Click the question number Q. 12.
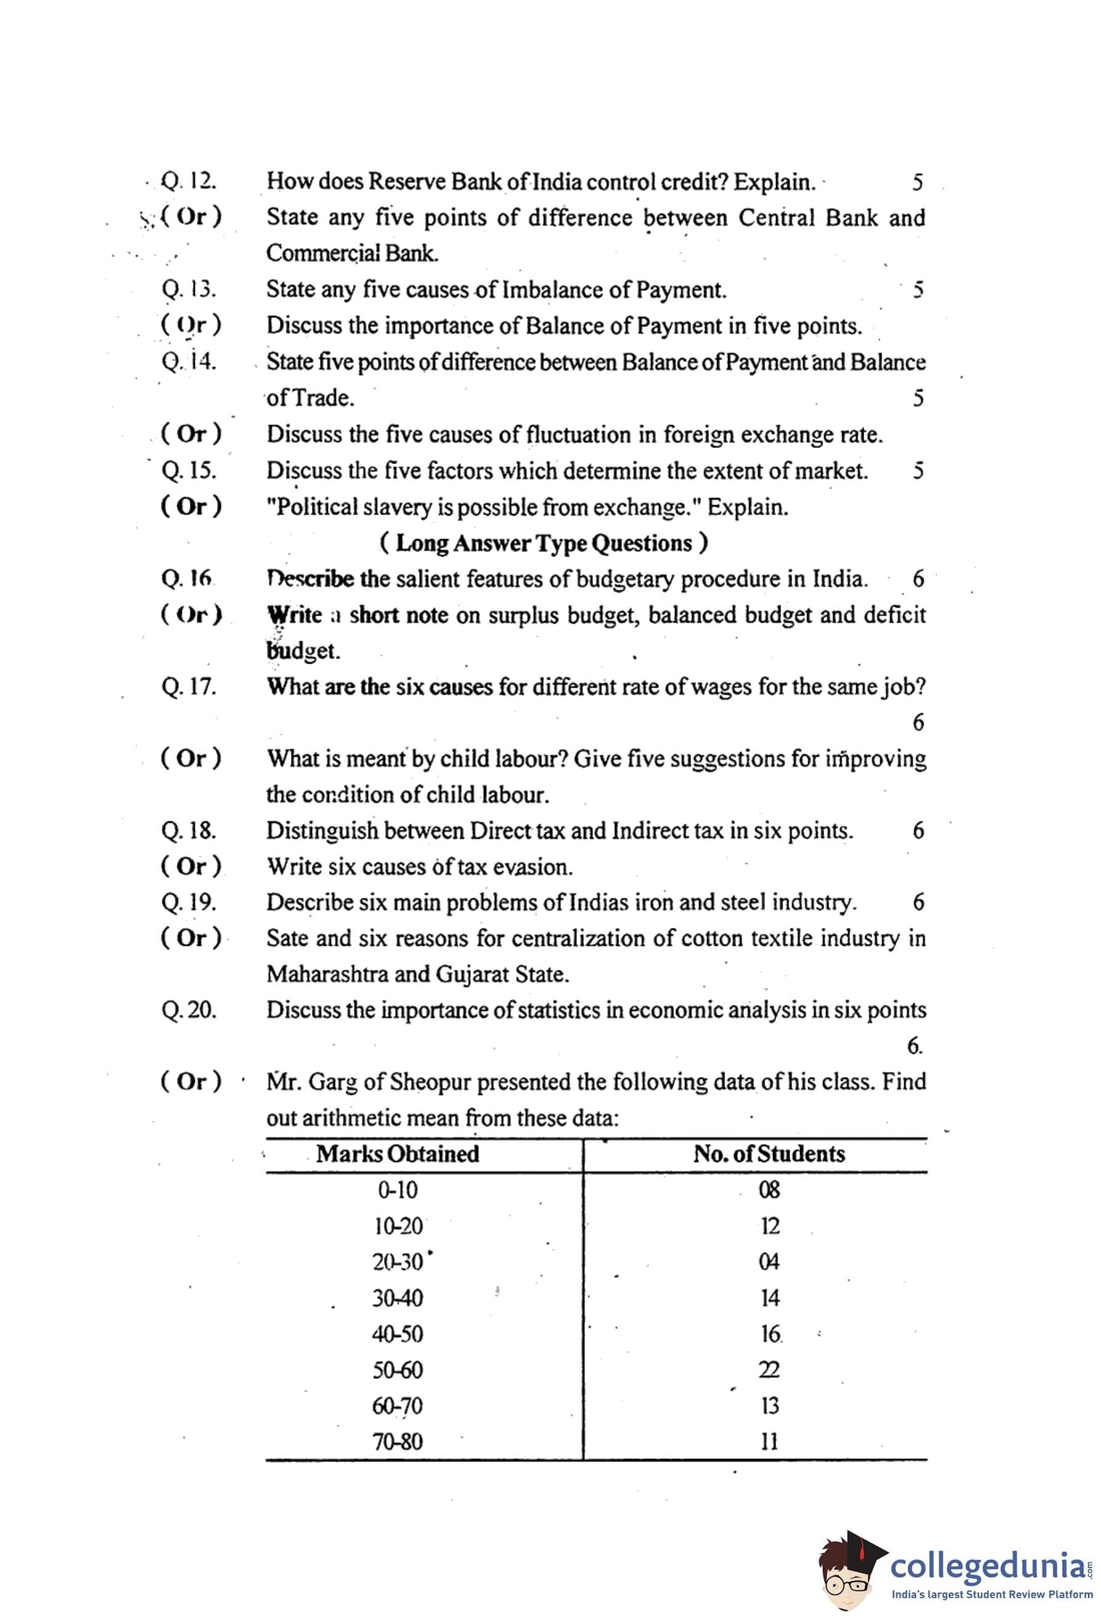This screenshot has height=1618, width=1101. tap(189, 182)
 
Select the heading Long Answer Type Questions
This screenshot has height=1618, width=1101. tap(544, 543)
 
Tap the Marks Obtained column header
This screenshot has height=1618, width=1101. tap(398, 1153)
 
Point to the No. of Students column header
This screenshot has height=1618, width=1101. tap(769, 1153)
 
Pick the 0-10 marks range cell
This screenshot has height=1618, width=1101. tap(398, 1190)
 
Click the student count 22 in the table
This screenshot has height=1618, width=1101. tap(769, 1370)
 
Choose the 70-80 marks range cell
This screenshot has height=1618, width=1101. tap(398, 1441)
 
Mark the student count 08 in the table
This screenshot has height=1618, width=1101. tap(769, 1190)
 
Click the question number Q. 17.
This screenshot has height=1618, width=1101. tap(189, 687)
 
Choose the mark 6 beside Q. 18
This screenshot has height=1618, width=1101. tap(919, 831)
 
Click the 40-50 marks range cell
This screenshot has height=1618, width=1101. tap(398, 1334)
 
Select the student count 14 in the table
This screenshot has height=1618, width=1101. tap(769, 1298)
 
